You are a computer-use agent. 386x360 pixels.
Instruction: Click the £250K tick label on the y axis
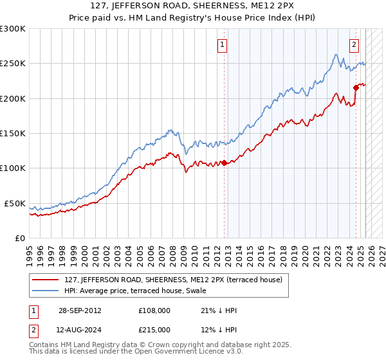pos(13,64)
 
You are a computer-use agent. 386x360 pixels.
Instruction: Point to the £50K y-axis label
pos(15,203)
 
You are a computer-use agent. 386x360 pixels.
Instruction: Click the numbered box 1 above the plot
pos(222,45)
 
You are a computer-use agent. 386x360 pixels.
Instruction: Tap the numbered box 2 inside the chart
pos(354,45)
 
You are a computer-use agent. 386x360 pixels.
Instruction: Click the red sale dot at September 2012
pos(224,163)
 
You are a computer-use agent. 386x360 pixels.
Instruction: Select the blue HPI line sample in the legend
pos(46,290)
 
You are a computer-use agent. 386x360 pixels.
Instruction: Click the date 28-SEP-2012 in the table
pos(78,310)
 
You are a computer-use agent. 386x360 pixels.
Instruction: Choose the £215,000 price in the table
pos(154,330)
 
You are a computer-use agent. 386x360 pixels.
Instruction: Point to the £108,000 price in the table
pos(154,310)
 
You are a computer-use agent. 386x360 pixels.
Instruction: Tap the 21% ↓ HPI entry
pos(219,310)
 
